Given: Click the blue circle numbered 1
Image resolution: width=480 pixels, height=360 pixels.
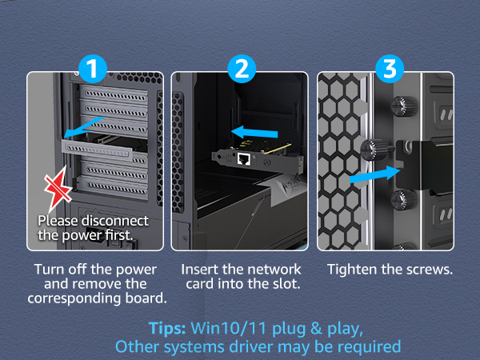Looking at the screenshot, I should (94, 69).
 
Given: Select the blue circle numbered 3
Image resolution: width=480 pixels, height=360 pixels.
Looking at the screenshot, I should (389, 69).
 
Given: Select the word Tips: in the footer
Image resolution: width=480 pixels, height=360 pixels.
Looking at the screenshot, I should (168, 329).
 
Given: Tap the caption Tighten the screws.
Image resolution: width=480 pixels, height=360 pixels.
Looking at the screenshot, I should (390, 270).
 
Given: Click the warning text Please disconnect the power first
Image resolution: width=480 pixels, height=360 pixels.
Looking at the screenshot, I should (94, 226).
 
